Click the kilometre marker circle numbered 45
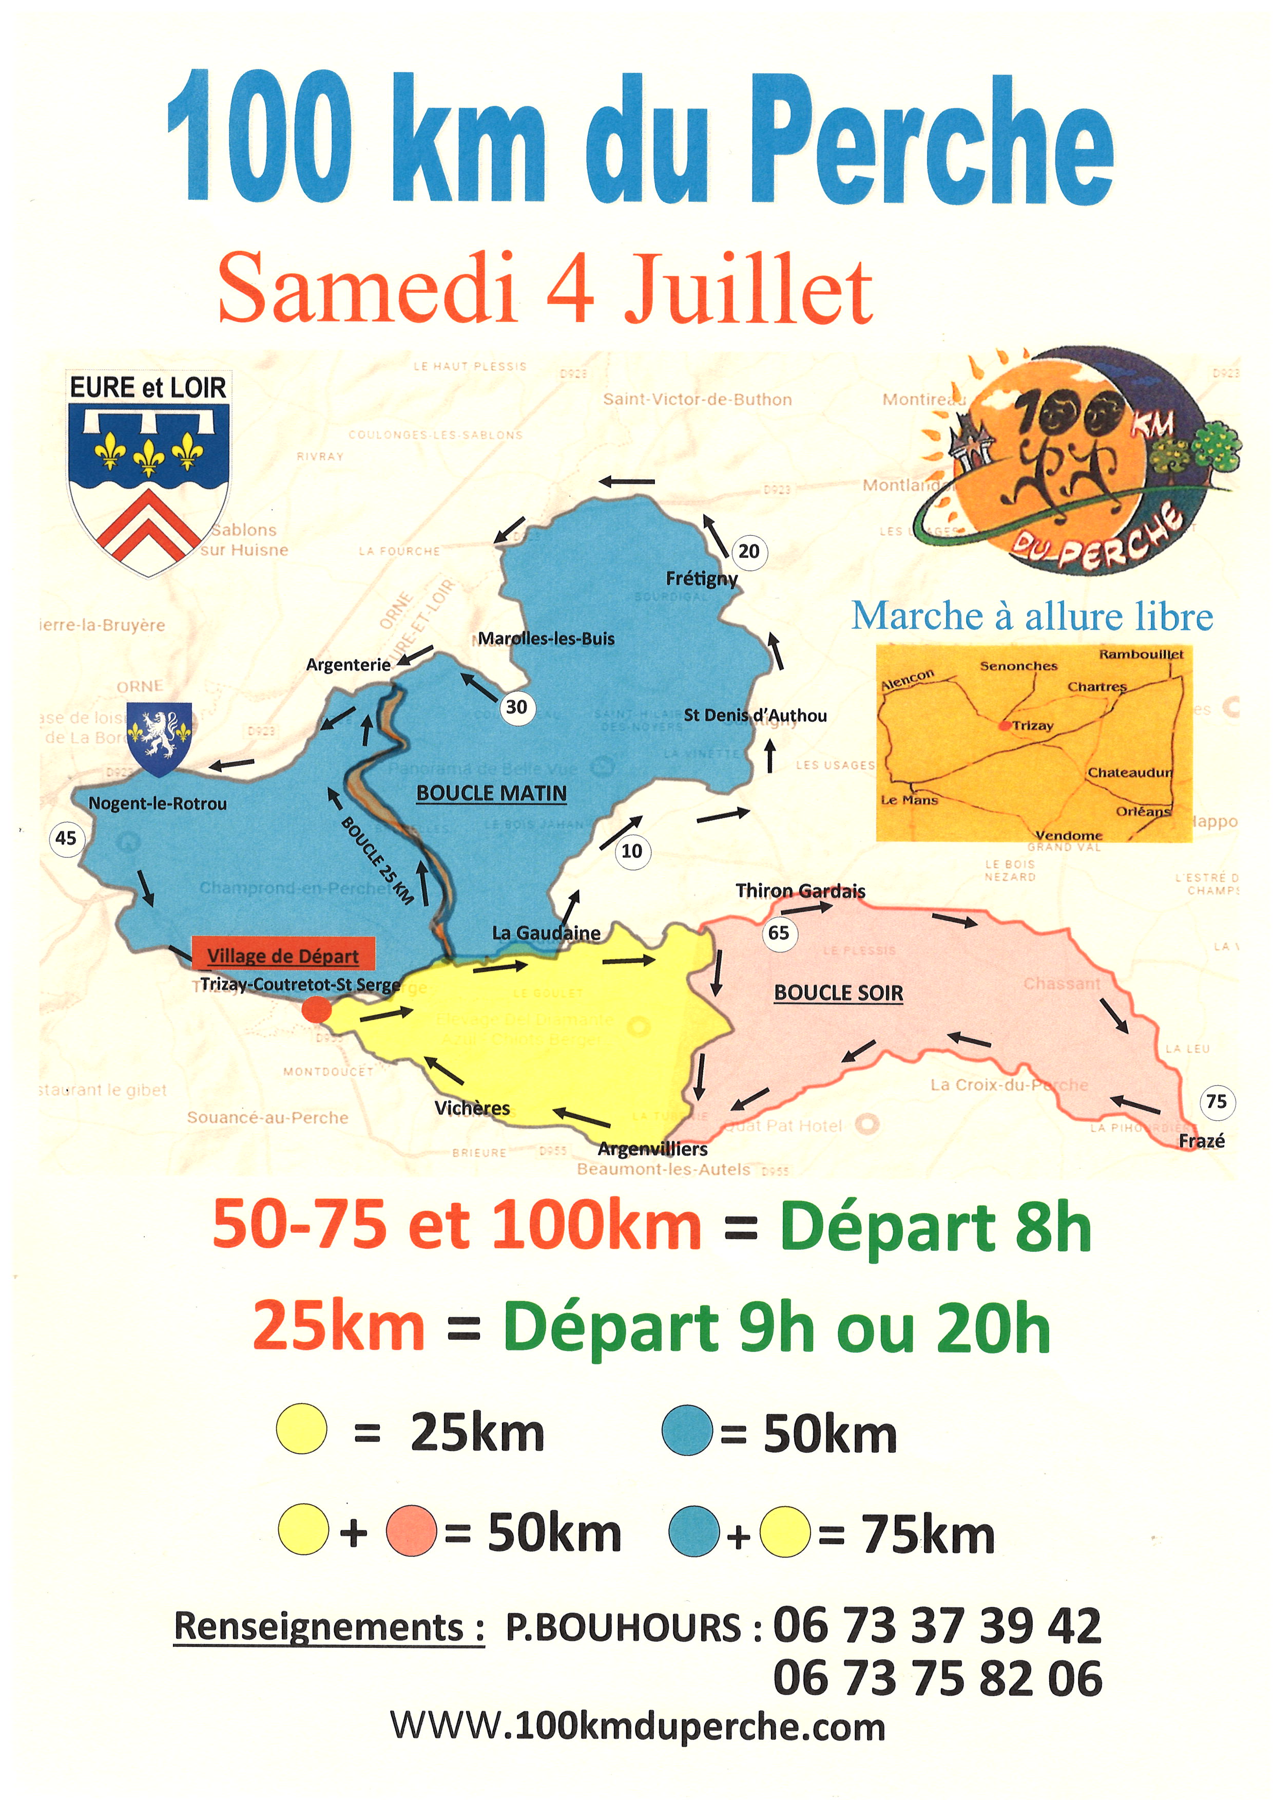pyautogui.click(x=66, y=838)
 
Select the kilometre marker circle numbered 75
pyautogui.click(x=1217, y=1101)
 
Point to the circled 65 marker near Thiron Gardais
pyautogui.click(x=778, y=932)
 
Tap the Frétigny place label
pyautogui.click(x=702, y=579)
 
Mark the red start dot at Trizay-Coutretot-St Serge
pyautogui.click(x=317, y=1009)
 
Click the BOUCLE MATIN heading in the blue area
pyautogui.click(x=491, y=793)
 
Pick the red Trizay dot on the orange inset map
pyautogui.click(x=1004, y=726)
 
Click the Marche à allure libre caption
pyautogui.click(x=1032, y=616)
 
